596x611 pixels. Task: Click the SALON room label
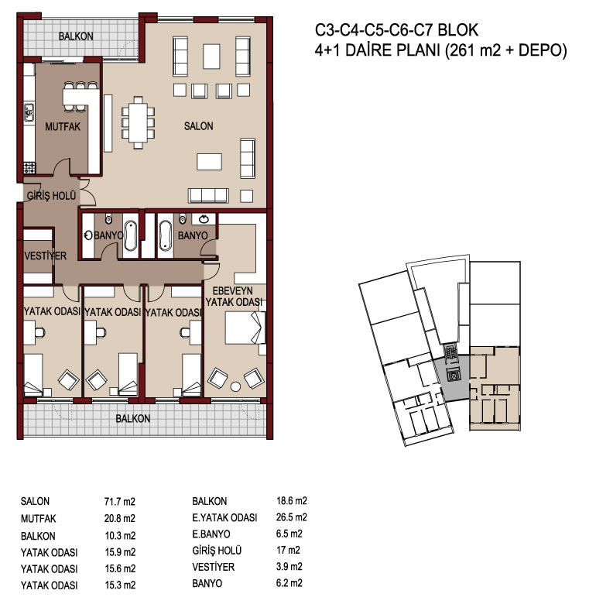[198, 126]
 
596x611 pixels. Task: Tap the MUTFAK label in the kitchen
[63, 127]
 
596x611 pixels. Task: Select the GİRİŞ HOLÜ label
[51, 195]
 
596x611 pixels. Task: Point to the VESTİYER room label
[45, 256]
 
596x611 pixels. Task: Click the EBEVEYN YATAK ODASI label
[233, 297]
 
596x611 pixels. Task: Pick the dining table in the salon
[138, 122]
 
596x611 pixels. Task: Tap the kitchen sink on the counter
[29, 112]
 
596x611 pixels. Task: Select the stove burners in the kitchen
[29, 167]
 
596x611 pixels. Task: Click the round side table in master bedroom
[235, 386]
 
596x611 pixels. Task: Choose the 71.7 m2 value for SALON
[120, 502]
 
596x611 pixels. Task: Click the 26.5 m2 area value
[291, 517]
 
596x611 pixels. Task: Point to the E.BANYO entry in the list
[211, 534]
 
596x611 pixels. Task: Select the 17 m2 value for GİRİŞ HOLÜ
[288, 551]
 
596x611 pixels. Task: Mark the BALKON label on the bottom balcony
[133, 419]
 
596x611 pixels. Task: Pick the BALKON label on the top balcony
[76, 36]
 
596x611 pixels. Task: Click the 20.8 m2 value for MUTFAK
[120, 519]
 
